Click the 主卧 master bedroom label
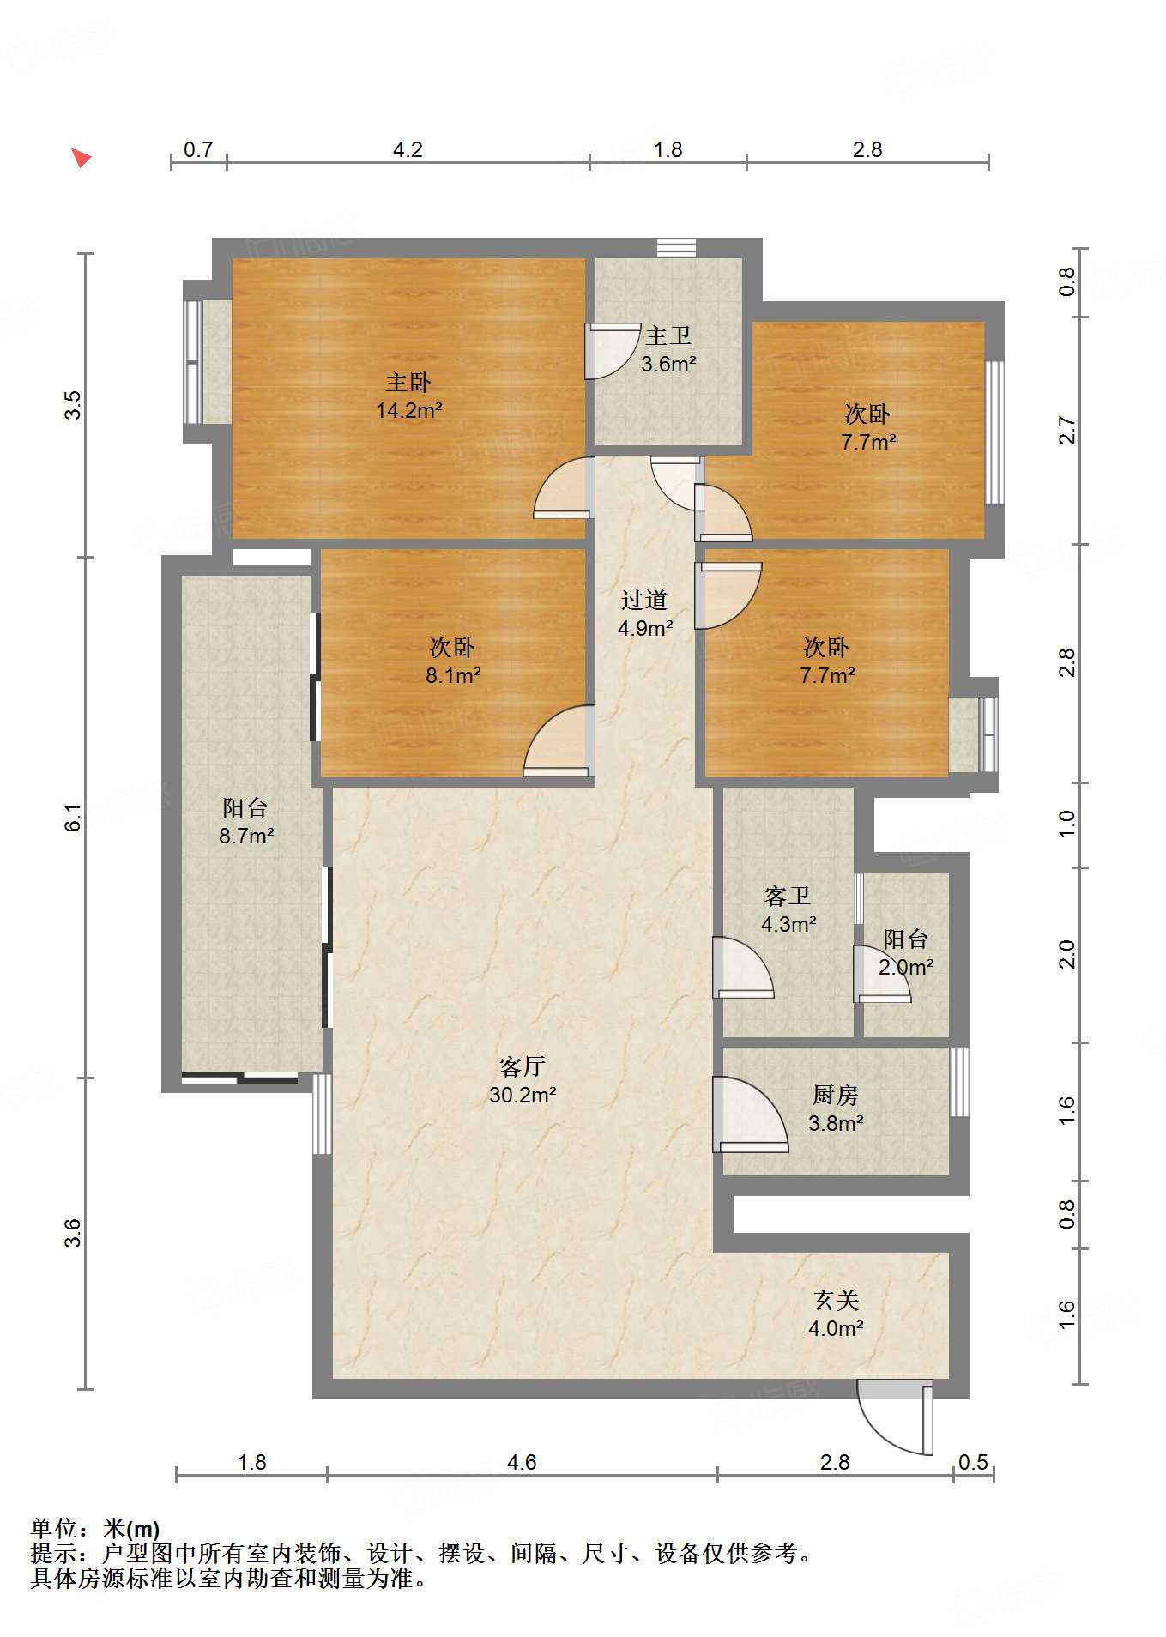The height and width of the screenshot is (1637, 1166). (408, 382)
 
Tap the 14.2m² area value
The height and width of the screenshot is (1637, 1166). (409, 411)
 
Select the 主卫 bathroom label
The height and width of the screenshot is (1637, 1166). (668, 335)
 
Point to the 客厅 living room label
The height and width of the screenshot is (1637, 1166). (523, 1066)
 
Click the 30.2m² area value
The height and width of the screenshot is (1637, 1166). (523, 1095)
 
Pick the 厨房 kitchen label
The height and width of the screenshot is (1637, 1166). (836, 1095)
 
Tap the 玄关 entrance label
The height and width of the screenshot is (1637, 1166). (836, 1300)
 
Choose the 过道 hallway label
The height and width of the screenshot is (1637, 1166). (644, 600)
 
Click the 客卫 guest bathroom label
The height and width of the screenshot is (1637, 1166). (788, 896)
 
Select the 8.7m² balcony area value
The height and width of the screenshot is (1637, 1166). (246, 836)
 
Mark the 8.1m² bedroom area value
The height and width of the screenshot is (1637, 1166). (453, 675)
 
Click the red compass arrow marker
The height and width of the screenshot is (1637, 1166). (81, 158)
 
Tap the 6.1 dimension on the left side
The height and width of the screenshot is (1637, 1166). (73, 818)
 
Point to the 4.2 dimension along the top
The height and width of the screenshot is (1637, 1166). (408, 149)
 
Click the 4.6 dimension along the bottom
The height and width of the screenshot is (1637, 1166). (522, 1462)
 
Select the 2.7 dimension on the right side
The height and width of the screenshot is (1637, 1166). (1066, 430)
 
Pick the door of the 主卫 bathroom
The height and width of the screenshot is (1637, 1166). (613, 351)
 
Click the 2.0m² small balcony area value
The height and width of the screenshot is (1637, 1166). (906, 967)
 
